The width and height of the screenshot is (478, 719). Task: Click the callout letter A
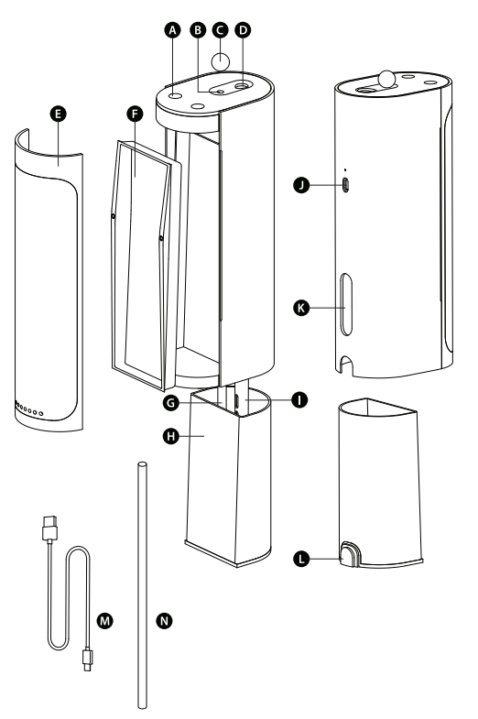(x=172, y=30)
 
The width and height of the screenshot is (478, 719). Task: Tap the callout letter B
(x=198, y=30)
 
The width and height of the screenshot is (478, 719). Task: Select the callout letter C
(x=221, y=30)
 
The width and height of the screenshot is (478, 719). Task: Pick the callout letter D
(x=243, y=30)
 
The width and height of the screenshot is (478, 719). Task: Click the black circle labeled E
(x=59, y=114)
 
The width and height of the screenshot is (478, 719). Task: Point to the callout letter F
(x=135, y=114)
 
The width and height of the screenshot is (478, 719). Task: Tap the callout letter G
(x=171, y=403)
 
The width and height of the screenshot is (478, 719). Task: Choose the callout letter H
(x=171, y=436)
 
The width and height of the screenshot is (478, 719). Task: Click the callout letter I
(x=299, y=400)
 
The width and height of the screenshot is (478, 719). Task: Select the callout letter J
(x=301, y=185)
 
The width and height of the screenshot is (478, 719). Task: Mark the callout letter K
(x=301, y=308)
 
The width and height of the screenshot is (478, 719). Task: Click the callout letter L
(x=301, y=559)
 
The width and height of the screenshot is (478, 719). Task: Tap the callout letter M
(x=105, y=621)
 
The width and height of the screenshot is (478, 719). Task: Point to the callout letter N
(x=164, y=621)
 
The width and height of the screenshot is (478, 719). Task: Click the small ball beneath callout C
(x=221, y=61)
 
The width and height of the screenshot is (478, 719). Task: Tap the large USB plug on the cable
(x=49, y=528)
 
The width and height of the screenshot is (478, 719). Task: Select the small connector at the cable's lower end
(x=87, y=659)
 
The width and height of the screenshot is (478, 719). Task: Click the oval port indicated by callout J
(x=346, y=185)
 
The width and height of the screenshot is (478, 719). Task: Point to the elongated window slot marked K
(x=346, y=304)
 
